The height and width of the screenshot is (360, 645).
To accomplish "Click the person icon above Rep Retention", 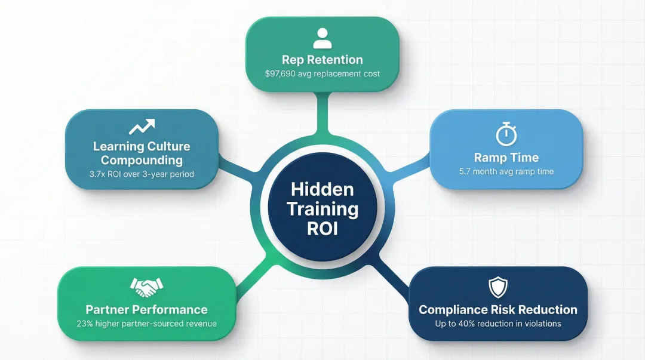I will click(322, 38).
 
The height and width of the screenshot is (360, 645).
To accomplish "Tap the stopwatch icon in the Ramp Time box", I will click(506, 134).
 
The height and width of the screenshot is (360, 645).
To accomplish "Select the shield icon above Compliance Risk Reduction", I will click(497, 288).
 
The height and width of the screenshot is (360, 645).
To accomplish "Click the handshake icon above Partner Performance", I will click(146, 288).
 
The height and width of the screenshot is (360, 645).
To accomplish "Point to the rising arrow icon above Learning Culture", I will click(142, 127).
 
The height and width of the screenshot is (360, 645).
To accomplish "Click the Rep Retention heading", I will click(322, 60).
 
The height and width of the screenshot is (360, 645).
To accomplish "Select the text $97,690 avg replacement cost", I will click(322, 74).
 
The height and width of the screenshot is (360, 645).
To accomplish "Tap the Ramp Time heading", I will click(506, 158).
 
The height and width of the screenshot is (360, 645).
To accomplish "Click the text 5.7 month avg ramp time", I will click(506, 172).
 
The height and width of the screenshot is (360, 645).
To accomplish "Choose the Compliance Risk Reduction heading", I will click(498, 310).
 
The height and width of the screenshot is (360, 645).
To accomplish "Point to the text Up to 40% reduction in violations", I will click(498, 324).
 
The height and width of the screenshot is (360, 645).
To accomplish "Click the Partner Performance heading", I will click(146, 310).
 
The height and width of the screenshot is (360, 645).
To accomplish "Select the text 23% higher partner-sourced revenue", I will click(146, 324).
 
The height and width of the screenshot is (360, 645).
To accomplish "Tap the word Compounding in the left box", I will click(142, 160).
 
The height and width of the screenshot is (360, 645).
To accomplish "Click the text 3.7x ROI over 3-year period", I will click(142, 174).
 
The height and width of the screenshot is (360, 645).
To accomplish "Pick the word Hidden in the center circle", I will click(322, 190).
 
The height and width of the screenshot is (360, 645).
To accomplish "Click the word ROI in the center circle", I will click(322, 229).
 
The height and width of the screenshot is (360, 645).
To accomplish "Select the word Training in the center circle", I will click(322, 210).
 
